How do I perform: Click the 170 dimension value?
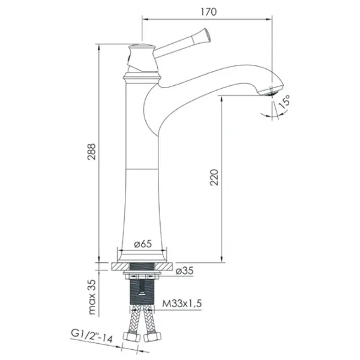coord(209,12)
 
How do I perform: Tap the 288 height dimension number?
coord(92,152)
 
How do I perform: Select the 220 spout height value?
coord(214,178)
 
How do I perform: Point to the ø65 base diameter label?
coord(143,244)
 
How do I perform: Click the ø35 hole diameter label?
coord(185,271)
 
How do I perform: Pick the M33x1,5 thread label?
coord(182,304)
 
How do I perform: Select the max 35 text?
coord(92,297)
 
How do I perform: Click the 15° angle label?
coord(284,102)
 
